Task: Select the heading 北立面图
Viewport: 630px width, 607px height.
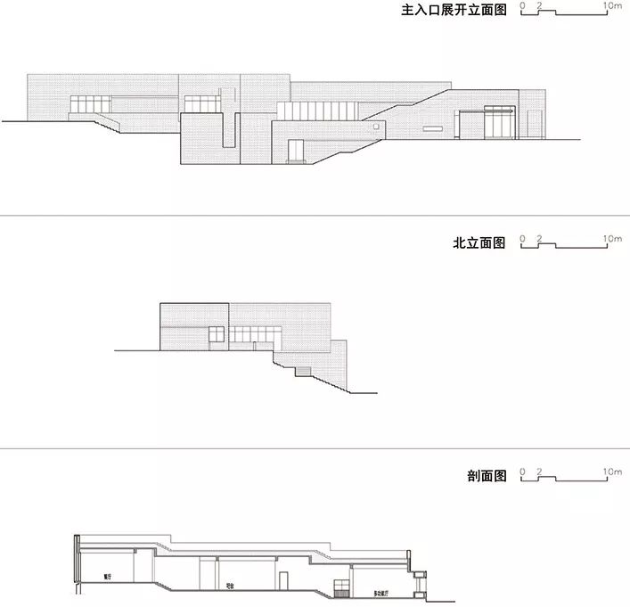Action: pyautogui.click(x=479, y=242)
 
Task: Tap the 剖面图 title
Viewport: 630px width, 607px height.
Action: pyautogui.click(x=486, y=476)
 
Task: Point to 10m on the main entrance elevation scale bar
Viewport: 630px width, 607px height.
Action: pyautogui.click(x=612, y=5)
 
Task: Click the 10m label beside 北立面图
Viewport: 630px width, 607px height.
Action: pyautogui.click(x=612, y=238)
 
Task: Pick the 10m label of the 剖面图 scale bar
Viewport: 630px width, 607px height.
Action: pyautogui.click(x=612, y=471)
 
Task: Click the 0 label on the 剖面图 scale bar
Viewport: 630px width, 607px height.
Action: pyautogui.click(x=523, y=471)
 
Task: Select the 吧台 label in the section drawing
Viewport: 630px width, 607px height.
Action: pyautogui.click(x=230, y=586)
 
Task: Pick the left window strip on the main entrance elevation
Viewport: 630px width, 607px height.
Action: pyautogui.click(x=89, y=107)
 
